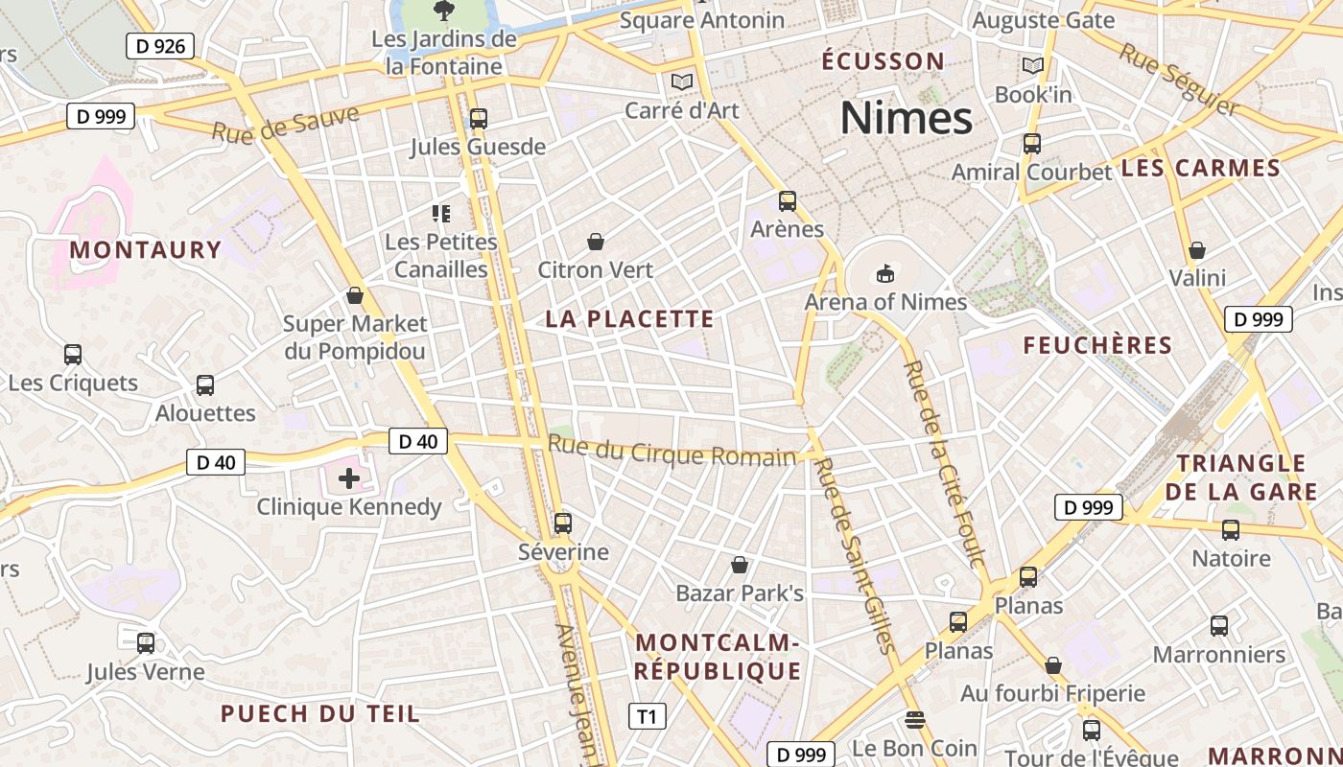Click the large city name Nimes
[907, 118]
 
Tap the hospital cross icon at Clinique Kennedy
[348, 477]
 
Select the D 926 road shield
[160, 45]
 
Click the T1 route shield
[647, 716]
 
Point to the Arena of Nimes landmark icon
[884, 274]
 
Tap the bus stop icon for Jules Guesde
[478, 119]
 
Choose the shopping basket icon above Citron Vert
[596, 242]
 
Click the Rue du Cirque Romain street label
[671, 451]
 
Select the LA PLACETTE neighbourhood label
[629, 319]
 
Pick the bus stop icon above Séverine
[563, 523]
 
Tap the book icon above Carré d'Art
[682, 82]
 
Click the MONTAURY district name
[146, 250]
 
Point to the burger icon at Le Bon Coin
[914, 720]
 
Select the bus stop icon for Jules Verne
[146, 643]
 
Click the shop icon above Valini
[1197, 251]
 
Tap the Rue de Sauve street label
[286, 124]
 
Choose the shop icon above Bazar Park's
[740, 565]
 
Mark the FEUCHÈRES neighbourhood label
[1097, 345]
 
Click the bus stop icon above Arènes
[788, 201]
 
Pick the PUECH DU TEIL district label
[319, 713]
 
